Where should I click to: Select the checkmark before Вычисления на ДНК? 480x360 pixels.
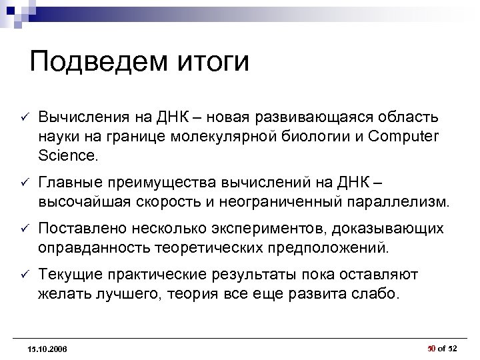click(x=21, y=118)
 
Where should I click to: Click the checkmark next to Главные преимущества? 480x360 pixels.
click(x=21, y=183)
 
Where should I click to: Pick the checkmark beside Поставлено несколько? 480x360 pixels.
click(x=21, y=229)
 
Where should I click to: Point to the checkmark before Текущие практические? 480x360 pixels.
click(x=21, y=275)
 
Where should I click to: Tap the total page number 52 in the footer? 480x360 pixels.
click(x=453, y=348)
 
